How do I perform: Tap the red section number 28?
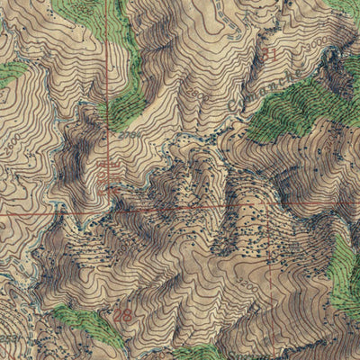(x=124, y=316)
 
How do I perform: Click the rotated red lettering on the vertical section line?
(x=109, y=171)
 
